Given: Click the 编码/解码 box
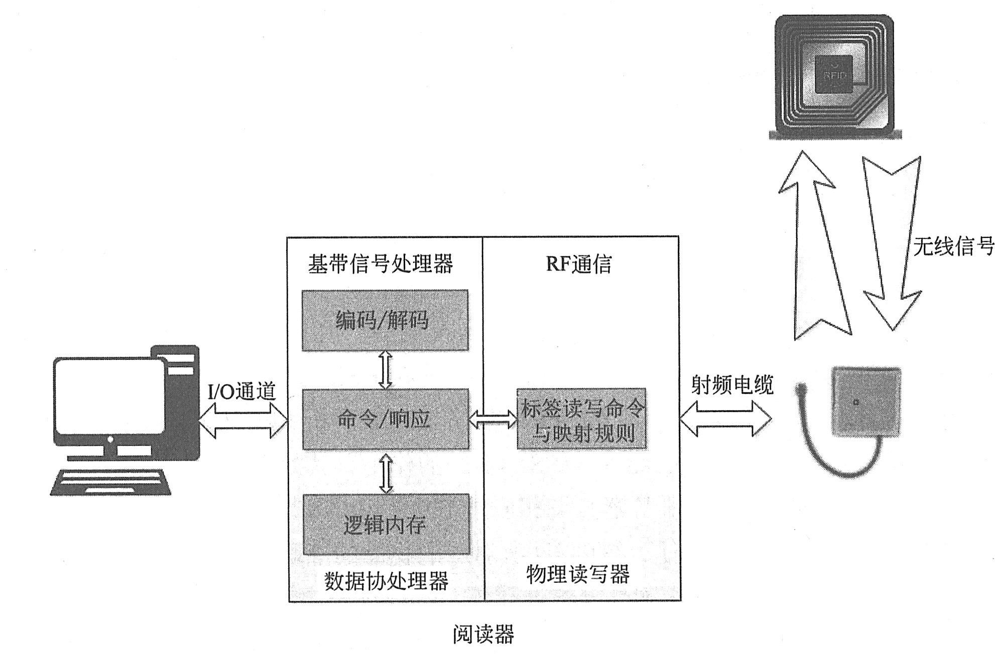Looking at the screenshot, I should [385, 320].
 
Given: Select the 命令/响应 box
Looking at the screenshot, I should [385, 419].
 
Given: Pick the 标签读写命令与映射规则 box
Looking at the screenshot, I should [581, 419].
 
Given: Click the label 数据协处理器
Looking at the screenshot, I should [386, 581].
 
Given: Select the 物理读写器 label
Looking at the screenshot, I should [578, 574].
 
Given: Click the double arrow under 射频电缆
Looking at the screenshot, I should [726, 418].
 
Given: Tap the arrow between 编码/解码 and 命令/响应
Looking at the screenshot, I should [385, 369].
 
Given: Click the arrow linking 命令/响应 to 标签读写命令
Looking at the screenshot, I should [493, 419].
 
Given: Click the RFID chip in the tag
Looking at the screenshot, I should [834, 74].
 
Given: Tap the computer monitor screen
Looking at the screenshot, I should [109, 396].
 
